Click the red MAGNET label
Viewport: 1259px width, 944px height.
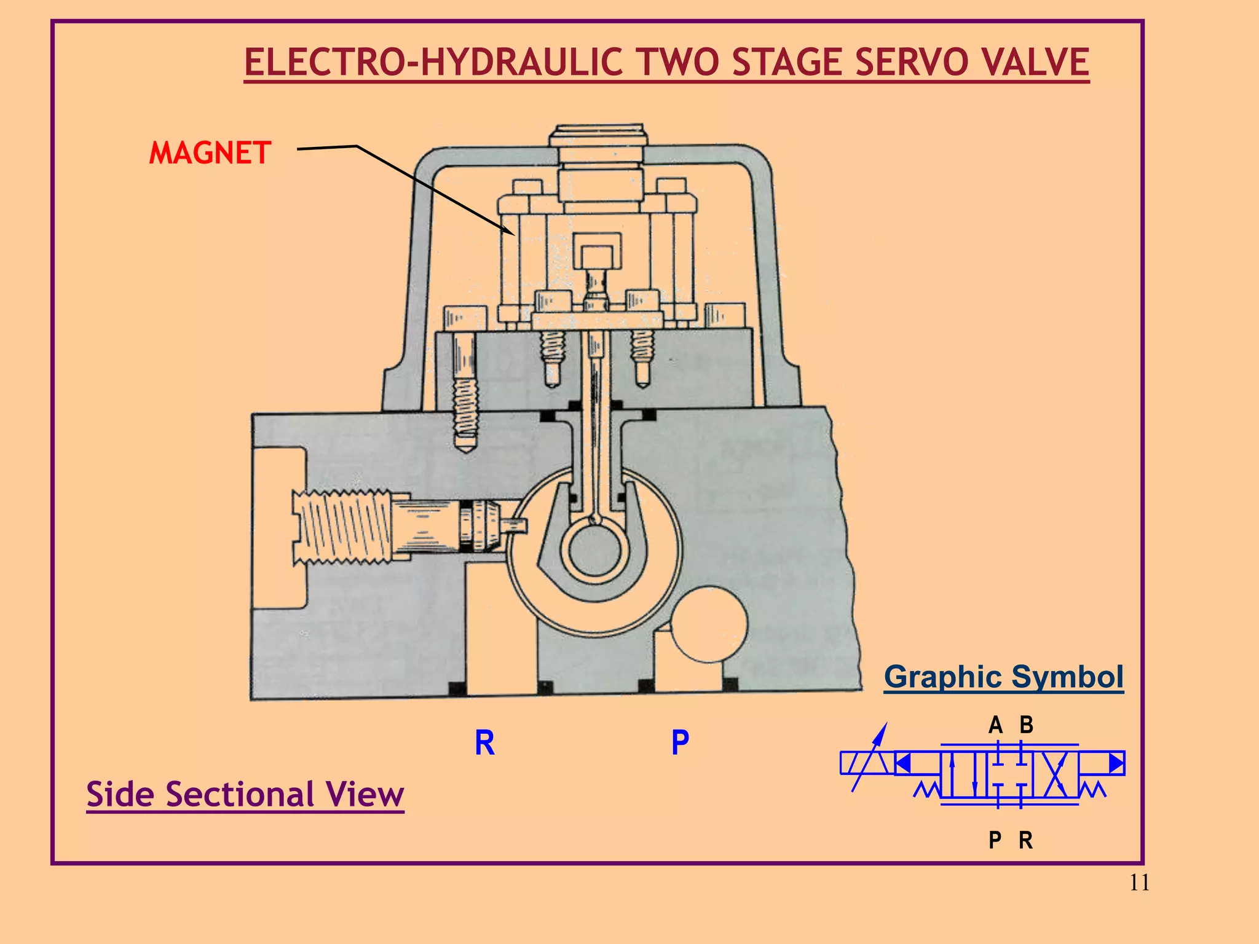pos(210,153)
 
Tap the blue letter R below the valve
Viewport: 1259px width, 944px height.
pos(484,743)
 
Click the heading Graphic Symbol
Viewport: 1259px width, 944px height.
pos(1003,677)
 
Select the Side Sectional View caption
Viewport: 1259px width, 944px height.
pos(245,794)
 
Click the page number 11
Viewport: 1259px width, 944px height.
pos(1139,883)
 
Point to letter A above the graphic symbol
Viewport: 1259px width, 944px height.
pos(995,725)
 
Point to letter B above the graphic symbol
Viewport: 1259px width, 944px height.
pos(1026,725)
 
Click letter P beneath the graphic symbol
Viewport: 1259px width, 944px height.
pos(995,840)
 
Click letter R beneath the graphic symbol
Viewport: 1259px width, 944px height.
pos(1025,840)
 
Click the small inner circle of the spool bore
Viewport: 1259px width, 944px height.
pos(594,549)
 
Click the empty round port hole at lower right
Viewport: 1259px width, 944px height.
pos(708,624)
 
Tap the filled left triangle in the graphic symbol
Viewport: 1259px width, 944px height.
pos(902,763)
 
